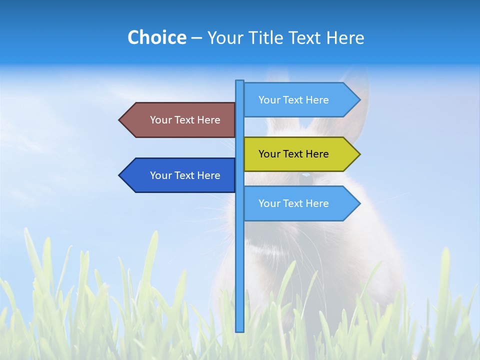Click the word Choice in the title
[x=156, y=37]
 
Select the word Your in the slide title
[x=225, y=37]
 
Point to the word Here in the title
[x=345, y=37]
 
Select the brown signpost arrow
[x=180, y=120]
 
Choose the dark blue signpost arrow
[x=180, y=175]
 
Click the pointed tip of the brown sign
[x=120, y=120]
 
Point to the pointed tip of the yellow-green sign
[x=359, y=154]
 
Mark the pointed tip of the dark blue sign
[x=120, y=175]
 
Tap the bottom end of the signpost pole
[x=239, y=330]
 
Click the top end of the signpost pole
[x=239, y=81]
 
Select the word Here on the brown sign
[x=208, y=120]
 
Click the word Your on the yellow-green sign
[x=269, y=154]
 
